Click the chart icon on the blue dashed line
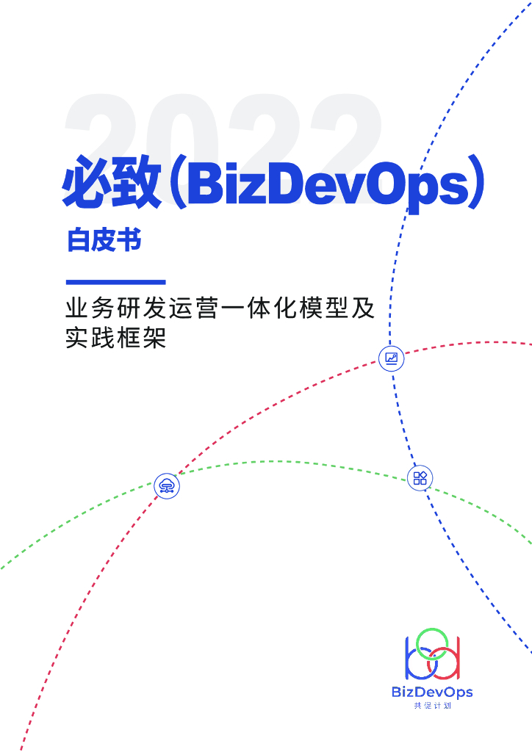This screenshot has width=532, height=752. [391, 358]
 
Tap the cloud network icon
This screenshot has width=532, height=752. [168, 485]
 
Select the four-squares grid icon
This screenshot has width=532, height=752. [420, 479]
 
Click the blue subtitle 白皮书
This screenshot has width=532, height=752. [104, 240]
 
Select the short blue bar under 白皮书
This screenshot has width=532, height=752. [115, 282]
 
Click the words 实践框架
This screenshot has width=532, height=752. [116, 339]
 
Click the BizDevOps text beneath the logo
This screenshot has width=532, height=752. [432, 692]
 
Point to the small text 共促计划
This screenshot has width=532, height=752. [432, 706]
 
